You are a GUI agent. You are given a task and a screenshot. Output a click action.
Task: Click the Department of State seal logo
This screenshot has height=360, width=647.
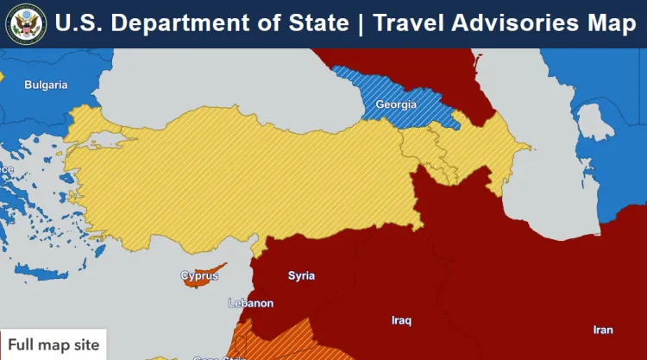click(25, 23)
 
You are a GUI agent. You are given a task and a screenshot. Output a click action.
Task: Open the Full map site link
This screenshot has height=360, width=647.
click(53, 345)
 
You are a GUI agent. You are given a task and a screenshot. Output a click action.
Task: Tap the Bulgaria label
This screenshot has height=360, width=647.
click(46, 85)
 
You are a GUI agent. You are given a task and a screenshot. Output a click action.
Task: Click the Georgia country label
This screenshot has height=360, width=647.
click(396, 104)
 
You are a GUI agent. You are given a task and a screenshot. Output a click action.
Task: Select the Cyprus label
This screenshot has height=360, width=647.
click(199, 276)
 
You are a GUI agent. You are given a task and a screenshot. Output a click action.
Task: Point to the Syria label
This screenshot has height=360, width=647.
click(301, 275)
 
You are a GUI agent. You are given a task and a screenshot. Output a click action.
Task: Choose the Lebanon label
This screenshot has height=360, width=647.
click(250, 303)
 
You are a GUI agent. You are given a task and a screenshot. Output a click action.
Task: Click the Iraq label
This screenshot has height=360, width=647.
click(401, 320)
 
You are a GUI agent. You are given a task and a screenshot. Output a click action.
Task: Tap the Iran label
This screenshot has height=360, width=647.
click(603, 330)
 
